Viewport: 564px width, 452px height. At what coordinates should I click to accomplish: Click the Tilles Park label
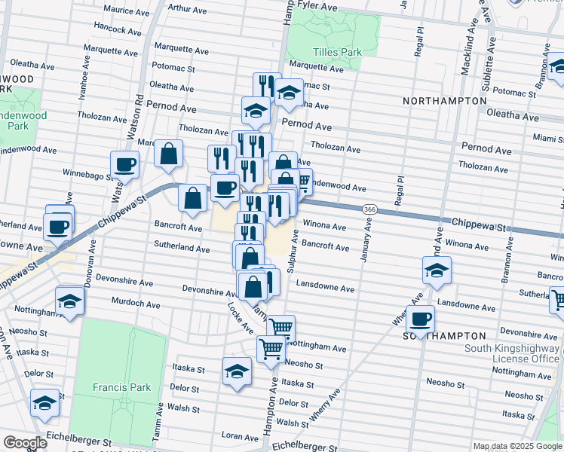[x=337, y=52]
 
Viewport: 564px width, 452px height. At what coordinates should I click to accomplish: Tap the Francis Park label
[x=122, y=387]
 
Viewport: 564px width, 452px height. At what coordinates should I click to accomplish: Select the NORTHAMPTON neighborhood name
[x=444, y=100]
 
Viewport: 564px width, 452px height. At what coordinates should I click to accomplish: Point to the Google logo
[x=25, y=443]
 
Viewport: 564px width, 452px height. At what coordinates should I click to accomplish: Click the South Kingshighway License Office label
[x=513, y=353]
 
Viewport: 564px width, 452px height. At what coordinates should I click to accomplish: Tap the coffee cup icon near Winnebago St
[x=124, y=164]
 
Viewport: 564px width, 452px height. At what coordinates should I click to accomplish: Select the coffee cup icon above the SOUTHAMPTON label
[x=420, y=318]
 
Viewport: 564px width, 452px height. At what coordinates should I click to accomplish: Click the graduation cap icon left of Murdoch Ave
[x=70, y=301]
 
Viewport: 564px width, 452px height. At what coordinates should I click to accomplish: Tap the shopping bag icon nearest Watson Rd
[x=169, y=153]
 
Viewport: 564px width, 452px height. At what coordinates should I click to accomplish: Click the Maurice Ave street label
[x=126, y=11]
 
